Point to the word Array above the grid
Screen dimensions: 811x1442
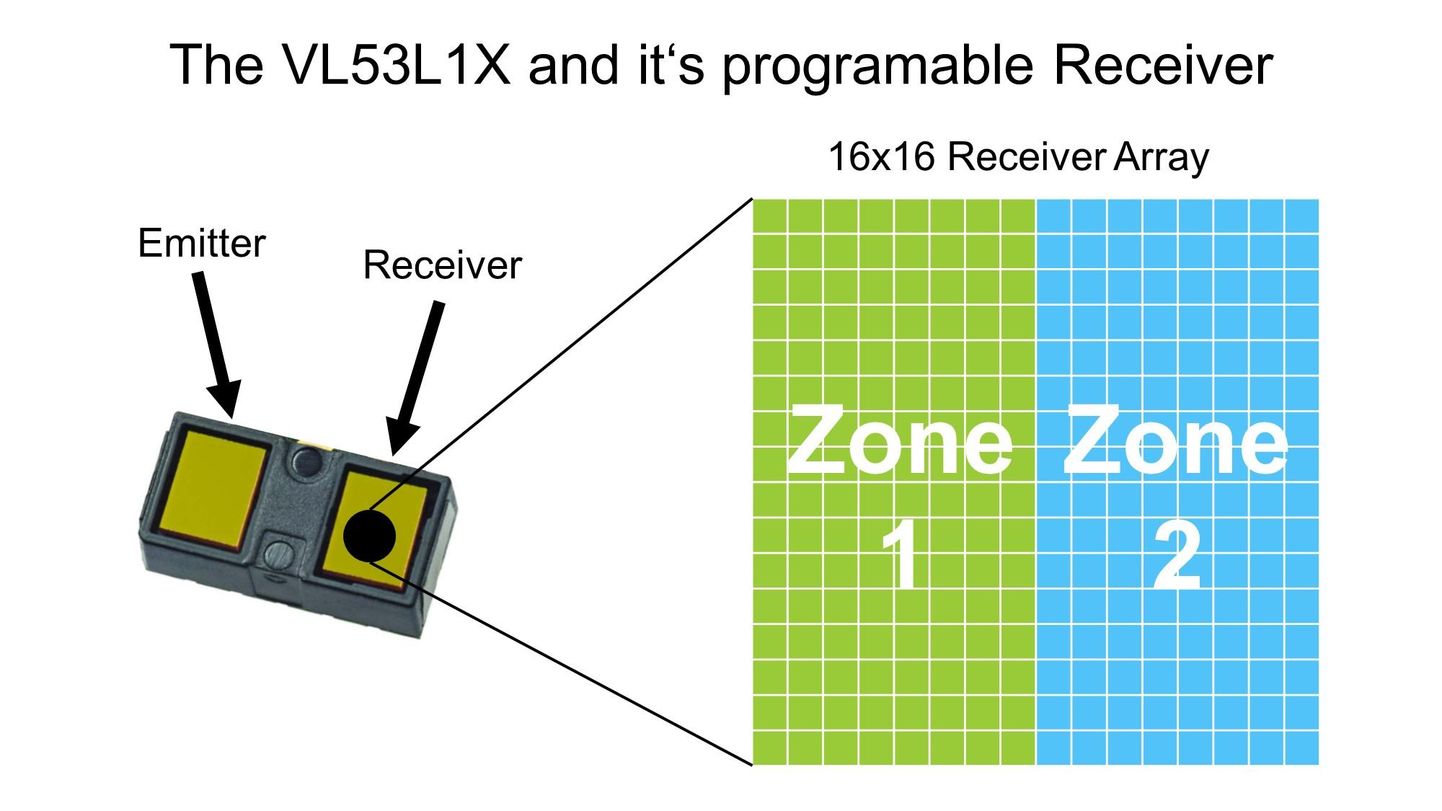tap(1160, 158)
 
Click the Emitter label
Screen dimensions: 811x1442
tap(201, 244)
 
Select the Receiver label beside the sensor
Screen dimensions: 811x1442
tap(441, 265)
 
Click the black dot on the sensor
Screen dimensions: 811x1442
tap(369, 536)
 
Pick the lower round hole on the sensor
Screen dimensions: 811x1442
tap(278, 552)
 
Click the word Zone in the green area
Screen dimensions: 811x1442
tap(899, 441)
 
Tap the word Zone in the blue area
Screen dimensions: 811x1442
tap(1175, 441)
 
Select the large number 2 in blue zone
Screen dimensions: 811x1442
tap(1177, 557)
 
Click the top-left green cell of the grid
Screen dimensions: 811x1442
tap(769, 216)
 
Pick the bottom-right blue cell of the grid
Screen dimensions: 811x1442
tap(1301, 748)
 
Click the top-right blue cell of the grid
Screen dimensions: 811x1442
tap(1301, 216)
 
